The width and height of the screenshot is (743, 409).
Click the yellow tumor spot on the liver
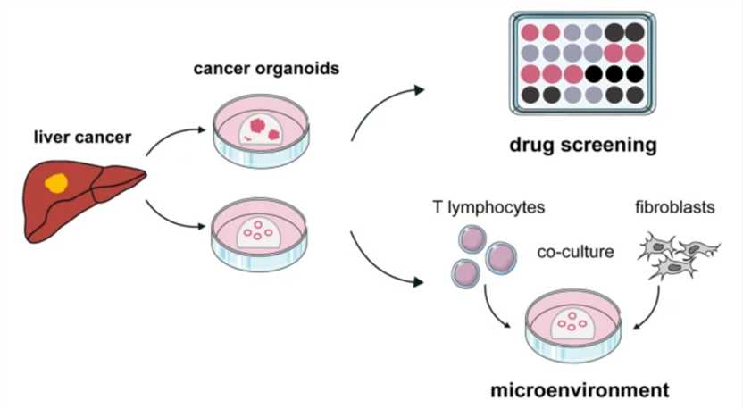click(x=56, y=183)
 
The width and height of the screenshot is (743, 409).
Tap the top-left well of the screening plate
click(x=530, y=33)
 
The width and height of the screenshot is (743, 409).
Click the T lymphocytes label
click(x=488, y=208)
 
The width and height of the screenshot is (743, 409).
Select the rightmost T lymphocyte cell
click(x=501, y=258)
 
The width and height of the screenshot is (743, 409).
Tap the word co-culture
click(x=575, y=252)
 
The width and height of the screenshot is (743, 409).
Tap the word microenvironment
click(x=580, y=390)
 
